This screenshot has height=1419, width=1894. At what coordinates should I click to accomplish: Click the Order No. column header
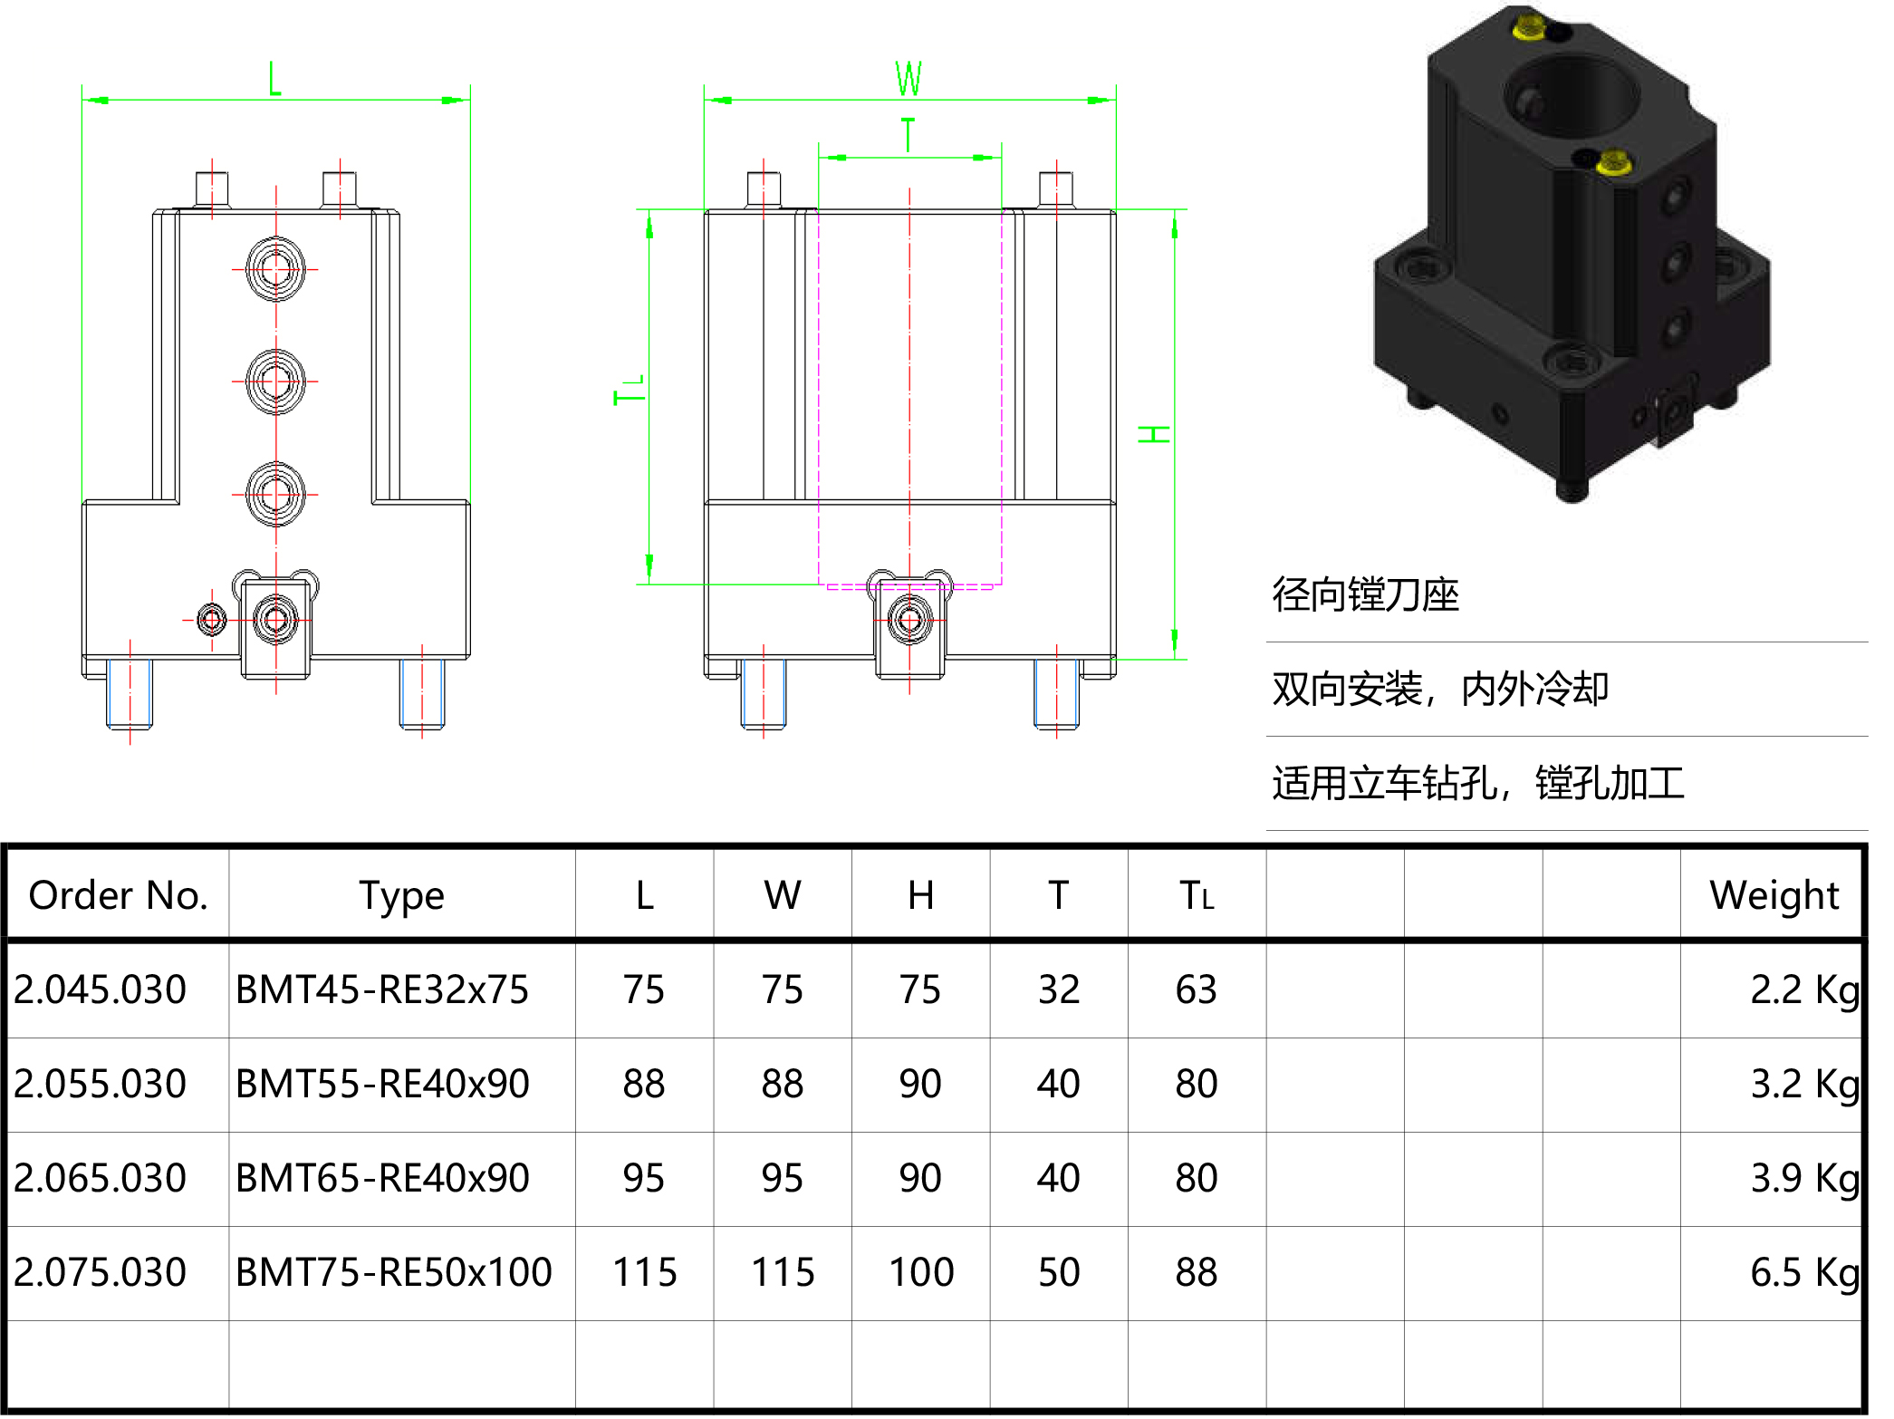pos(118,895)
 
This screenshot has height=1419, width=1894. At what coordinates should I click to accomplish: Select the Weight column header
pos(1774,895)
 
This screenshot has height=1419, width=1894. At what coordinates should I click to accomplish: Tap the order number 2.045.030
pos(100,989)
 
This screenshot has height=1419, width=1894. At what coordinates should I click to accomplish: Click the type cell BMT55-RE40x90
pos(382,1084)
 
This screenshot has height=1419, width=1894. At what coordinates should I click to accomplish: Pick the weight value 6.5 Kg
pos(1803,1272)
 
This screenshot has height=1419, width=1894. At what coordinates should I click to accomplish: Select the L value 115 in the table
pos(644,1272)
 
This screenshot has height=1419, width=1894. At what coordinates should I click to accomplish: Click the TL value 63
pos(1196,989)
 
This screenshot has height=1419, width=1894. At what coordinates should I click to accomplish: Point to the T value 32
pos(1058,989)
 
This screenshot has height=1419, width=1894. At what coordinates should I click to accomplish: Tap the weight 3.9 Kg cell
pos(1803,1178)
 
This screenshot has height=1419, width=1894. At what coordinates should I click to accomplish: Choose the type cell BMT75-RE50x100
pos(393,1272)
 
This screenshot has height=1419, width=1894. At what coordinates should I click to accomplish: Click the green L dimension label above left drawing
pos(274,80)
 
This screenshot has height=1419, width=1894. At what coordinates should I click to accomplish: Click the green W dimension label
pos(909,79)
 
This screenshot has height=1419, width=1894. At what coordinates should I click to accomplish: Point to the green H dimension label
pos(1154,434)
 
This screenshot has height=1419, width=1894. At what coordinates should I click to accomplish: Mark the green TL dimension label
pos(630,391)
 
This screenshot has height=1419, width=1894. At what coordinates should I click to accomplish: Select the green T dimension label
pos(909,135)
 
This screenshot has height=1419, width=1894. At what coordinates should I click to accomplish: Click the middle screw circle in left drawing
pos(275,381)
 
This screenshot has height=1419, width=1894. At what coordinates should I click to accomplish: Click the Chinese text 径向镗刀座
pos(1365,595)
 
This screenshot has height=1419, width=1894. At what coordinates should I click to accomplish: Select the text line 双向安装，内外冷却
pos(1439,690)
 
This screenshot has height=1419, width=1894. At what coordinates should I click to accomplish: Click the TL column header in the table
pos(1196,895)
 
